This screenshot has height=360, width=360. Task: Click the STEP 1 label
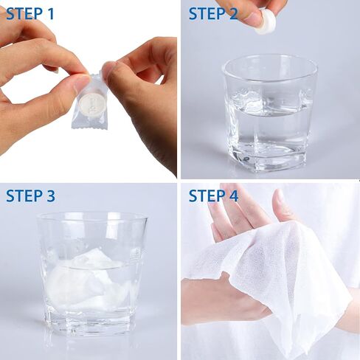[30, 13]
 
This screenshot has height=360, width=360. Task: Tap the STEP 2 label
[213, 13]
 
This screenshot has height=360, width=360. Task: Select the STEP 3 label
[30, 195]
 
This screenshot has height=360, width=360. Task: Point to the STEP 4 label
[213, 195]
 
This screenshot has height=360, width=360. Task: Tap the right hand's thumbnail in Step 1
[109, 71]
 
